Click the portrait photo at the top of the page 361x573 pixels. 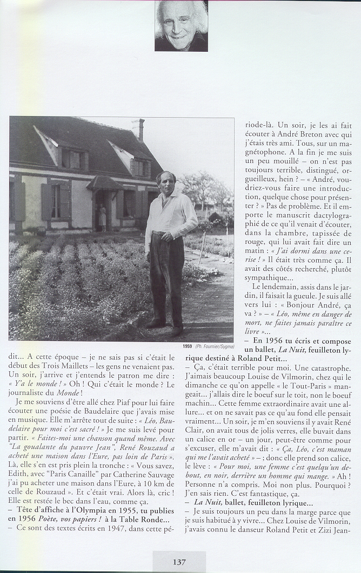click(181, 26)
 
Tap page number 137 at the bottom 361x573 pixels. click(179, 562)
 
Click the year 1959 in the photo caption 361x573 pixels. click(188, 346)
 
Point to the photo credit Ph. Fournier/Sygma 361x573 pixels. click(215, 346)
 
